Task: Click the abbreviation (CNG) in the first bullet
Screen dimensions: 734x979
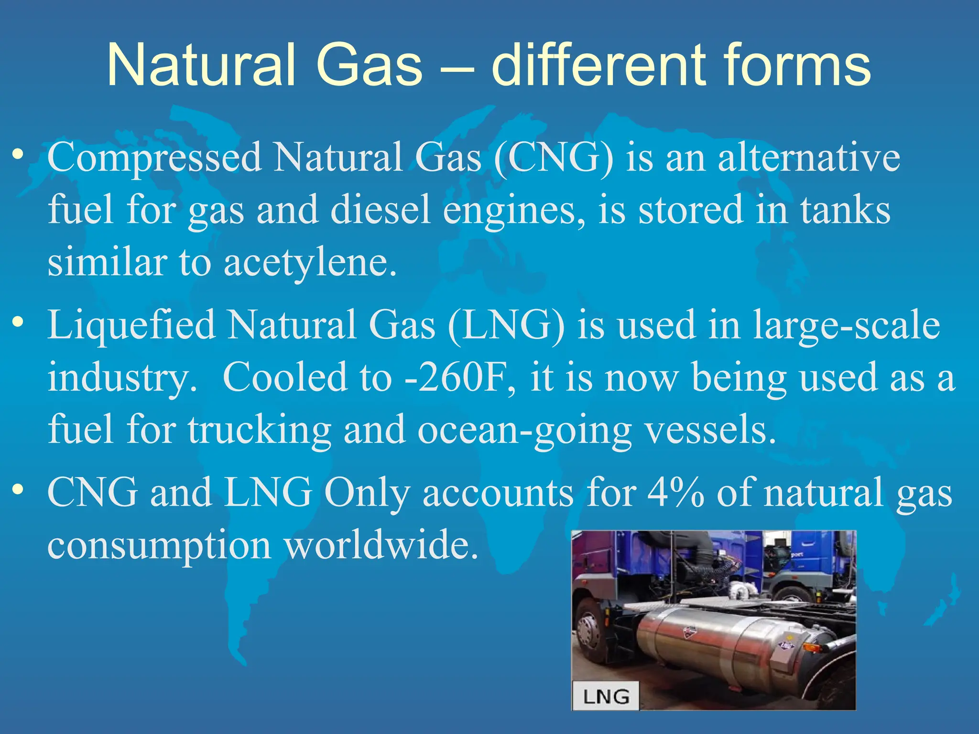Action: coord(554,158)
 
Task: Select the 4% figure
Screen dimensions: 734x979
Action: coord(675,492)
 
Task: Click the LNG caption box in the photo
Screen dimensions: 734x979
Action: coord(606,696)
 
